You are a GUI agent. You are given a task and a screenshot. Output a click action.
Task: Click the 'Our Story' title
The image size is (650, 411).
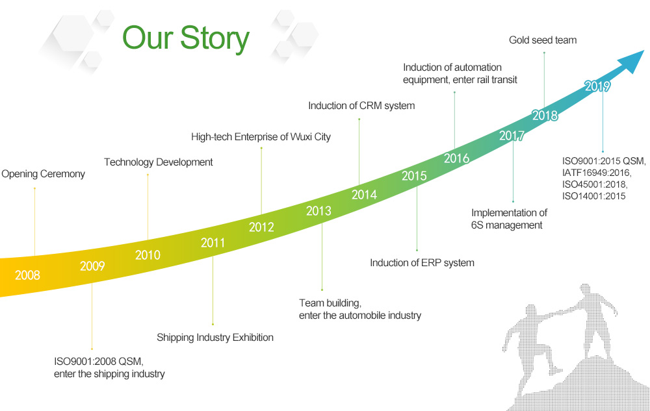[x=186, y=39]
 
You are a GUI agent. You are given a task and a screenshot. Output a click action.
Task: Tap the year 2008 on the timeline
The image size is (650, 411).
[x=27, y=275]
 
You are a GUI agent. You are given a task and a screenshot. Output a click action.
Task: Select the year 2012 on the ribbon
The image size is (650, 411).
[x=261, y=227]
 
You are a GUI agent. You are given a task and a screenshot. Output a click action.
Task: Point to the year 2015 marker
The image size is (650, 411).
[x=414, y=176]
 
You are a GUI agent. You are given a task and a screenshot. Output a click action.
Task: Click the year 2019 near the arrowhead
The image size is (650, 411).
[x=597, y=86]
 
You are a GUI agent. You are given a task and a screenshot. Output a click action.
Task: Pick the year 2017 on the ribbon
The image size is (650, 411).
[x=512, y=136]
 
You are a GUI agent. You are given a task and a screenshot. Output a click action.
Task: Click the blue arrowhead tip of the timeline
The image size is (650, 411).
[x=643, y=51]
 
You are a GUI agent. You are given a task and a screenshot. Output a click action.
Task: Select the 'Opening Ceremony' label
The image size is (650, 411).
[x=43, y=174]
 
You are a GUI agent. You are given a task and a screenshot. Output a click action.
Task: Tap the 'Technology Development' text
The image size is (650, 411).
[x=159, y=162]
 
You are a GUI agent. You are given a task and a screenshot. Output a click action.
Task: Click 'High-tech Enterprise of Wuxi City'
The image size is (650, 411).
[x=261, y=137]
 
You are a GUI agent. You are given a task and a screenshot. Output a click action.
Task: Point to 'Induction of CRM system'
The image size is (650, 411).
[x=361, y=106]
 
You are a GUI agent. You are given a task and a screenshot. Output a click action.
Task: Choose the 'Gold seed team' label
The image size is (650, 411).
[x=543, y=40]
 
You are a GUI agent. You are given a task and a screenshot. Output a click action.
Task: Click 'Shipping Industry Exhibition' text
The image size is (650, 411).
[x=214, y=338]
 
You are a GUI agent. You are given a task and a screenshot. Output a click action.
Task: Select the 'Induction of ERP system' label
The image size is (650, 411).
[x=422, y=263]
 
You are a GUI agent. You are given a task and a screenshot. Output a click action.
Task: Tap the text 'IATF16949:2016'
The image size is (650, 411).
[x=596, y=173]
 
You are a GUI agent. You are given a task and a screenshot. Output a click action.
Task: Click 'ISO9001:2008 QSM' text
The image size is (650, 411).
[x=99, y=362]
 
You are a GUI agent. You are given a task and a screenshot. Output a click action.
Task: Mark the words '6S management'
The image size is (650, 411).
[x=506, y=225]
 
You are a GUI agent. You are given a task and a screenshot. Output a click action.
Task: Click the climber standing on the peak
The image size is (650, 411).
[x=593, y=321]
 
